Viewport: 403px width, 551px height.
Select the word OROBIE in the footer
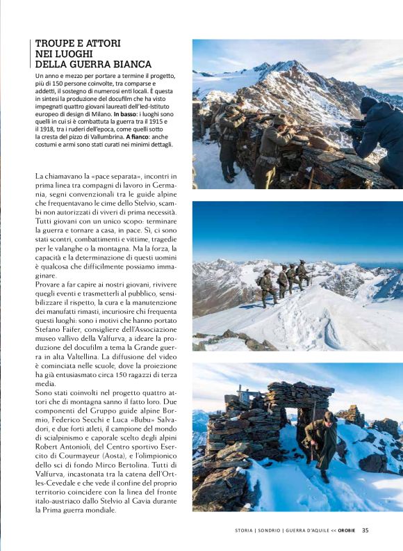point(347,530)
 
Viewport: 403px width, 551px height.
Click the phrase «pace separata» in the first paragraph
point(101,177)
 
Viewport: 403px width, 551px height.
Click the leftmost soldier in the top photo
point(229,136)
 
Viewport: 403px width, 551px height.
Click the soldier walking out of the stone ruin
point(322,441)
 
